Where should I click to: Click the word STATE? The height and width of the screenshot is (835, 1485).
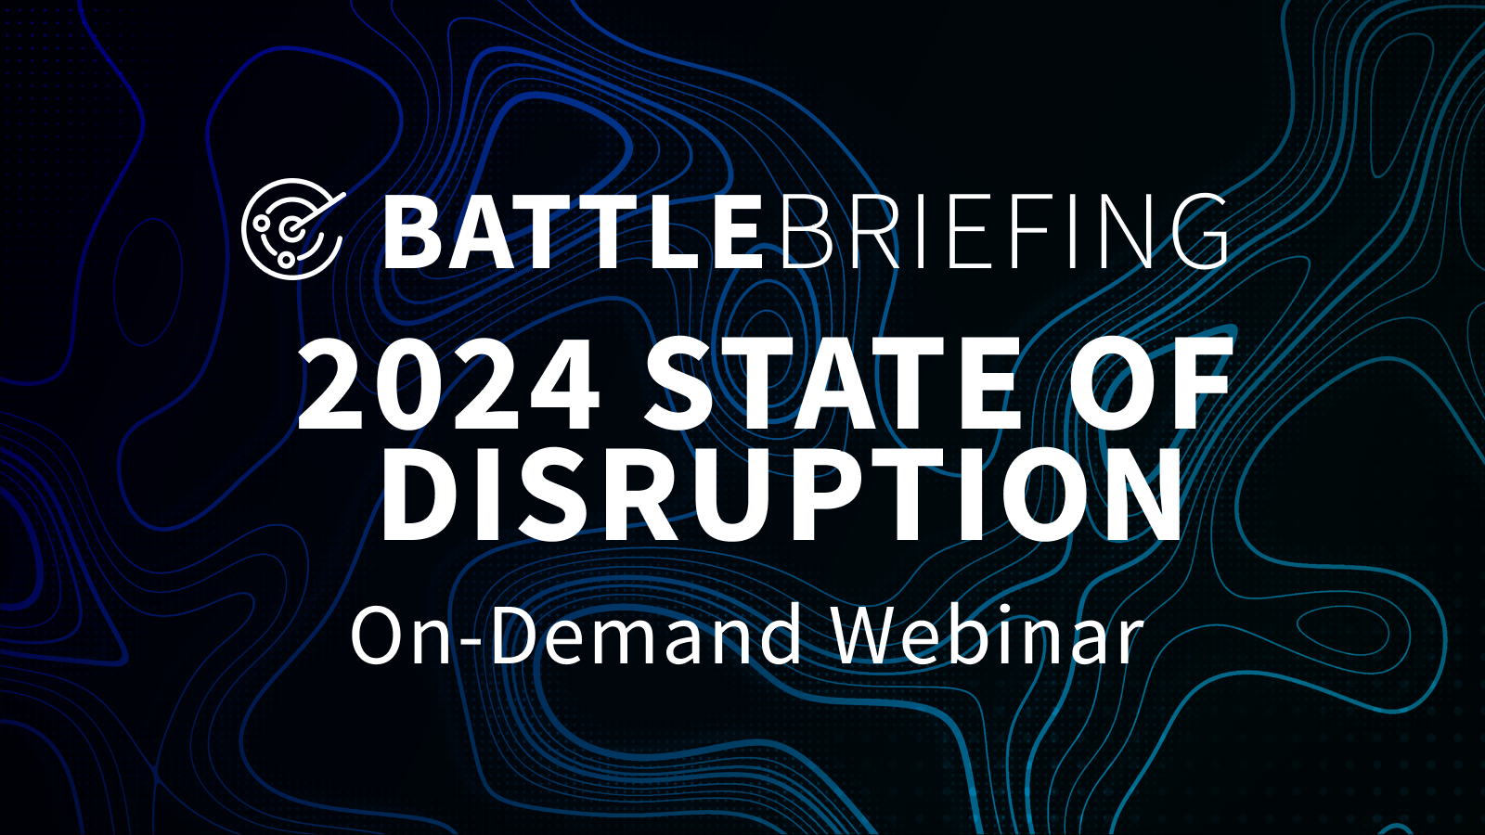coord(832,384)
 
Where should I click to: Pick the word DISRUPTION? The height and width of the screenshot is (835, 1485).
coord(781,495)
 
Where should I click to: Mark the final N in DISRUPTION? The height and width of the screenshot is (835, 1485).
coord(1139,495)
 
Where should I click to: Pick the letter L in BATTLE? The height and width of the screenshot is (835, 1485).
coord(655,233)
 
